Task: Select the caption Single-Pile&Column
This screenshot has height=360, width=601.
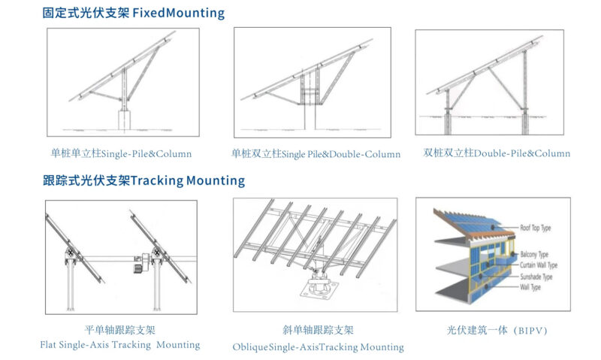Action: tap(146, 154)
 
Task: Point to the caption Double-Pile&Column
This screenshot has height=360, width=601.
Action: tap(522, 153)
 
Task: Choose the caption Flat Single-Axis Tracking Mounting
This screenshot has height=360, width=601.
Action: tap(120, 345)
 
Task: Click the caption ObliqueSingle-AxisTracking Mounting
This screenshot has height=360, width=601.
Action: tap(319, 347)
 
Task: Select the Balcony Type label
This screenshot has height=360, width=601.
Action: tap(535, 255)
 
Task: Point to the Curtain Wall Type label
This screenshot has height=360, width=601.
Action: tap(539, 265)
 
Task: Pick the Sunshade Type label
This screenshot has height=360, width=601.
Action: tap(537, 277)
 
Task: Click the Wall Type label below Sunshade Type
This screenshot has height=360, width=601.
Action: tap(532, 286)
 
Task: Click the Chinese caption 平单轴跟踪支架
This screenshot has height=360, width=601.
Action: tap(120, 330)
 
